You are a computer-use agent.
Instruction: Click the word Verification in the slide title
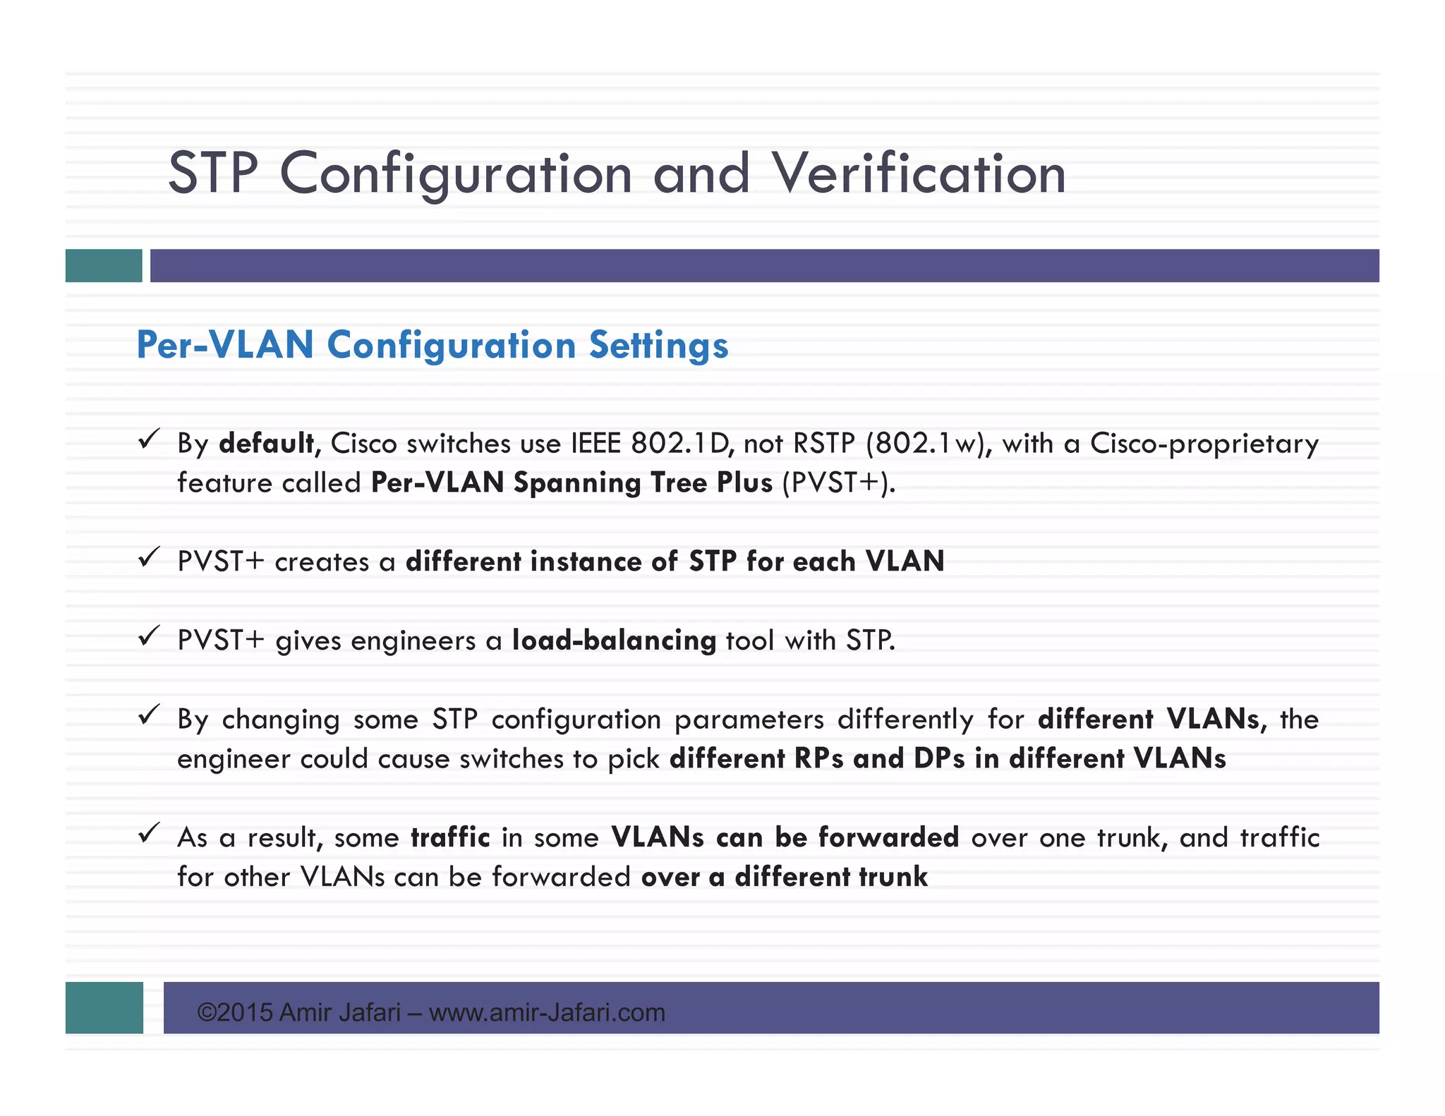(919, 174)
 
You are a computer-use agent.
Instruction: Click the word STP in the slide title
(213, 174)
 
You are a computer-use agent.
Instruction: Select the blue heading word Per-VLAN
(225, 345)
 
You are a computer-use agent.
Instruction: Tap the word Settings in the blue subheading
(658, 345)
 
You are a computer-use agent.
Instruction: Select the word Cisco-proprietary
(1204, 443)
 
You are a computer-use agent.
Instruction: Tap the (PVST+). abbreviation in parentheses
(839, 483)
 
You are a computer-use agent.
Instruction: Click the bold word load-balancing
(614, 640)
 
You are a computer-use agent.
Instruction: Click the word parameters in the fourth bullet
(749, 720)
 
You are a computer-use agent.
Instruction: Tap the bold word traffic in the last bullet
(450, 837)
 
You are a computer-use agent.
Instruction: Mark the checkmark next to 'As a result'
(148, 833)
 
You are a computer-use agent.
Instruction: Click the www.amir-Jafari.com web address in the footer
(547, 1012)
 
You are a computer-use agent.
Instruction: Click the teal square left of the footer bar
(104, 1007)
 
